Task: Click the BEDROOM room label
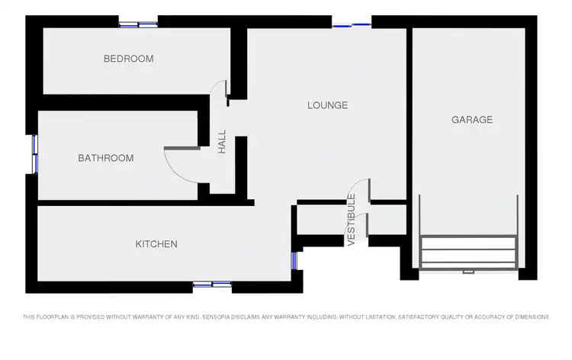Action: pyautogui.click(x=128, y=59)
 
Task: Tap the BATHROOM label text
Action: pyautogui.click(x=105, y=159)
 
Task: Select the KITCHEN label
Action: pyautogui.click(x=156, y=244)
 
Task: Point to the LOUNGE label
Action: pyautogui.click(x=327, y=105)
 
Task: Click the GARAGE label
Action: pyautogui.click(x=472, y=120)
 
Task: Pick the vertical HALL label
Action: pyautogui.click(x=223, y=141)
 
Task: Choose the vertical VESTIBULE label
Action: pyautogui.click(x=352, y=220)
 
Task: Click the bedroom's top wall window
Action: pyautogui.click(x=138, y=24)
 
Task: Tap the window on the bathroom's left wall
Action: pyautogui.click(x=35, y=155)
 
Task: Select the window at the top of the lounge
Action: pyautogui.click(x=352, y=25)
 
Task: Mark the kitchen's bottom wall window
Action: pyautogui.click(x=212, y=284)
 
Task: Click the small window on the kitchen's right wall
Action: pyautogui.click(x=294, y=261)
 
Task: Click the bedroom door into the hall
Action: pyautogui.click(x=225, y=90)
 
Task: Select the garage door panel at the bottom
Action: pyautogui.click(x=468, y=252)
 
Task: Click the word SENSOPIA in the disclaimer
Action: pyautogui.click(x=199, y=317)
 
